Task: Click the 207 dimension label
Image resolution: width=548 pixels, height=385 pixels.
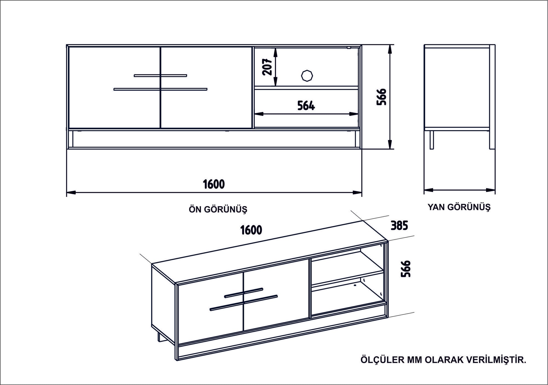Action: pyautogui.click(x=267, y=67)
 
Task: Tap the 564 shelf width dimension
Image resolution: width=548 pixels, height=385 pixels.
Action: pyautogui.click(x=306, y=106)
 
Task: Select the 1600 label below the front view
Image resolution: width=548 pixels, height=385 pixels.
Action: pyautogui.click(x=214, y=184)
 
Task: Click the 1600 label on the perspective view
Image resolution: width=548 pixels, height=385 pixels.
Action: pyautogui.click(x=251, y=230)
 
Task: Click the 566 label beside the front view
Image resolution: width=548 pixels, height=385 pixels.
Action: pyautogui.click(x=382, y=97)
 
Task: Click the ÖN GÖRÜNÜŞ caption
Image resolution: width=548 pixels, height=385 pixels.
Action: pyautogui.click(x=218, y=209)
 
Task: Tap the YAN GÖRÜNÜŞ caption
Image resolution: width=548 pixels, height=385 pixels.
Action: pyautogui.click(x=459, y=207)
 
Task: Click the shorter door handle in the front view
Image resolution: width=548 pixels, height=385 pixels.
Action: pyautogui.click(x=160, y=75)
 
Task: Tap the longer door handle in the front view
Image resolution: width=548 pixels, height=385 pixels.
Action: pyautogui.click(x=160, y=89)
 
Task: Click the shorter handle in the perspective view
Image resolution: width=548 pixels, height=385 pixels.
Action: pyautogui.click(x=244, y=293)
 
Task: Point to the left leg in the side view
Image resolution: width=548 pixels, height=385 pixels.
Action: pyautogui.click(x=432, y=140)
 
